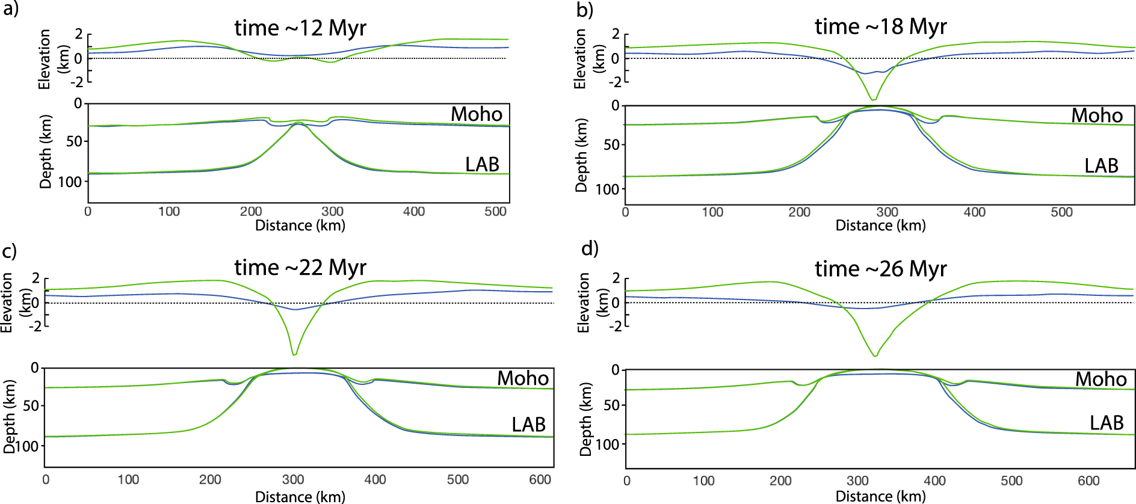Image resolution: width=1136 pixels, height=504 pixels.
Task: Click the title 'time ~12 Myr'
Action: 300,28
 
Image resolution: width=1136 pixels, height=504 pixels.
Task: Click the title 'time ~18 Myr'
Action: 880,26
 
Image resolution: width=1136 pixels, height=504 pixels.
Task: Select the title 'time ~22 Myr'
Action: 300,267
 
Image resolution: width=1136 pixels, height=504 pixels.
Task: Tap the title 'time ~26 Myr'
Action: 880,269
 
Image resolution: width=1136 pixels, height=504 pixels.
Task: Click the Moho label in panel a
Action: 476,114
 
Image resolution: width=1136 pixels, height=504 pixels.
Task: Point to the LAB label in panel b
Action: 1100,166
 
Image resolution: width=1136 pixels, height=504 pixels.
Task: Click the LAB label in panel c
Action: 528,425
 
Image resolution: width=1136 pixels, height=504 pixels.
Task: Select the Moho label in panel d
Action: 1100,379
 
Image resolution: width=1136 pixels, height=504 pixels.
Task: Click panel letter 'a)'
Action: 10,8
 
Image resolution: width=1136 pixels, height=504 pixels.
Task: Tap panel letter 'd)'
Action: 590,248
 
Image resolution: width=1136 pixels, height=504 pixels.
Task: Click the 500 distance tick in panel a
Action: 495,212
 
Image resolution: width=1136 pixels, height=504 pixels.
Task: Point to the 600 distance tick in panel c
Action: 540,479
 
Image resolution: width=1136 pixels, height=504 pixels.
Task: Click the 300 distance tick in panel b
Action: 887,212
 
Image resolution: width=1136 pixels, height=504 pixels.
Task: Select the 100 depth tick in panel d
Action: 607,444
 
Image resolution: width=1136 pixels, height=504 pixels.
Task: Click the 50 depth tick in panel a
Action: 73,142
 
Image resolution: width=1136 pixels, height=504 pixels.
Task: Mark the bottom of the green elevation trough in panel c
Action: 294,354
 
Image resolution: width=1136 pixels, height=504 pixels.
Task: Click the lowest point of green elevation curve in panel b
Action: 874,99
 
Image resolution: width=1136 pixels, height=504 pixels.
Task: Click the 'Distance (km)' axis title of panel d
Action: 880,496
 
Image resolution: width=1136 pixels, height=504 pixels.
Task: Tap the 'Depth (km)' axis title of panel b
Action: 581,155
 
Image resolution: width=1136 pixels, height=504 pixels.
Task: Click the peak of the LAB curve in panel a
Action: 298,123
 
